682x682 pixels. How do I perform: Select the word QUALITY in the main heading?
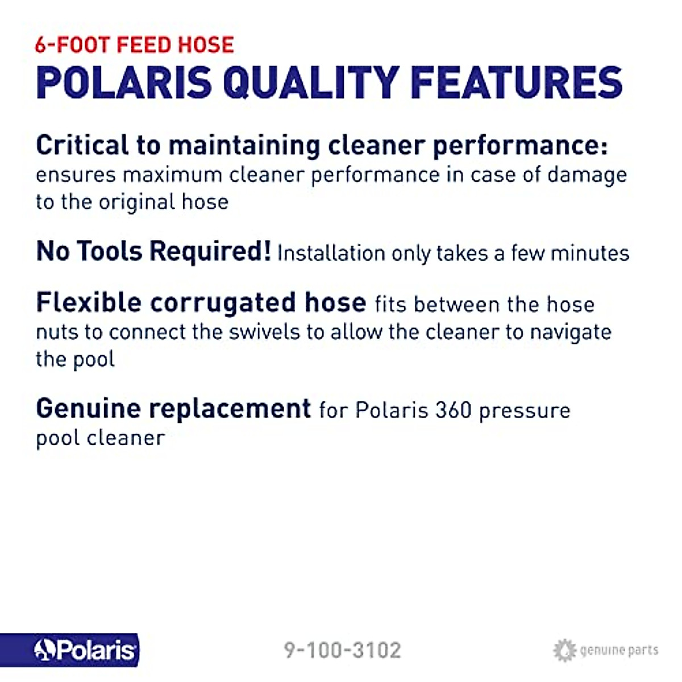tap(310, 83)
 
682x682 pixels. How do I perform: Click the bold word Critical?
tap(82, 145)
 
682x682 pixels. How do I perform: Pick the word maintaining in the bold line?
tap(244, 145)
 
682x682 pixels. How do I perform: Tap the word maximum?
tap(172, 175)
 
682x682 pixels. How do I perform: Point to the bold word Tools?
tap(110, 251)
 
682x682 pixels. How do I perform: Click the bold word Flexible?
tap(88, 302)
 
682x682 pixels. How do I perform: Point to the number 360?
tap(453, 410)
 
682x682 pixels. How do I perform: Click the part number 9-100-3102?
tap(342, 650)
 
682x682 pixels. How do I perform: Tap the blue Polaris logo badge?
tap(69, 650)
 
